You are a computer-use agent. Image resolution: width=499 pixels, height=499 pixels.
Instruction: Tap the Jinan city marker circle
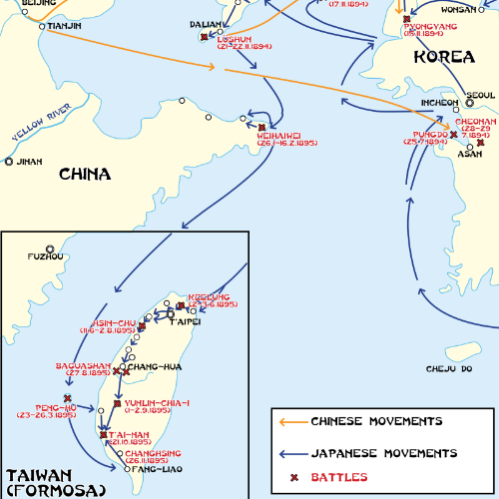tap(9, 161)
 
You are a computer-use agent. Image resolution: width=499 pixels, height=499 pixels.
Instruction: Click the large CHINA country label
tap(84, 175)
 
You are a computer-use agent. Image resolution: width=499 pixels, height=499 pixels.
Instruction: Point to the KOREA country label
tap(441, 57)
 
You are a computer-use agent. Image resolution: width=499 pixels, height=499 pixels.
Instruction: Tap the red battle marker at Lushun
tap(204, 37)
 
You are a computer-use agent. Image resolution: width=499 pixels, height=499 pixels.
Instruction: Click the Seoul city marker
tap(469, 101)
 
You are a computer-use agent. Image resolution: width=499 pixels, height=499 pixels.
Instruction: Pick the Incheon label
tap(439, 102)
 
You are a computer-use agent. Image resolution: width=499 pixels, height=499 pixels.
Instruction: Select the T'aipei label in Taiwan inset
tap(185, 322)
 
